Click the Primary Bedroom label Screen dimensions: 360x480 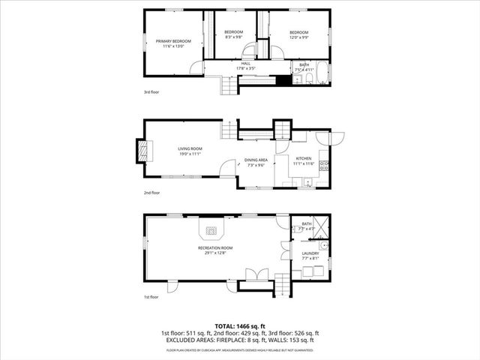click(x=173, y=40)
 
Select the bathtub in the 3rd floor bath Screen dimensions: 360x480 click(x=322, y=73)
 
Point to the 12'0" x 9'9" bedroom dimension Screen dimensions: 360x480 click(x=298, y=37)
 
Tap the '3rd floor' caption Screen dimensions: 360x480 click(x=151, y=92)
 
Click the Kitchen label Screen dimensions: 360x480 click(x=303, y=158)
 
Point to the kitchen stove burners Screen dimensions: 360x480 click(x=324, y=166)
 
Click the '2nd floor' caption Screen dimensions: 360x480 click(x=152, y=193)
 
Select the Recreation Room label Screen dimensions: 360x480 click(x=215, y=247)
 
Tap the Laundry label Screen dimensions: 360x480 click(x=310, y=253)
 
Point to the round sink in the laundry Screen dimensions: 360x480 click(x=322, y=245)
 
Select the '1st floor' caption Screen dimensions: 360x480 click(x=151, y=297)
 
